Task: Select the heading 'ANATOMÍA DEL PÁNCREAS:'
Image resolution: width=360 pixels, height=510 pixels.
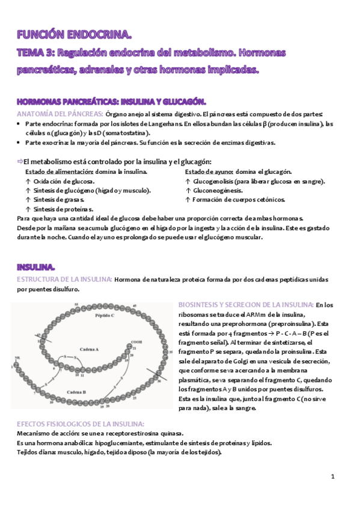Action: [59, 114]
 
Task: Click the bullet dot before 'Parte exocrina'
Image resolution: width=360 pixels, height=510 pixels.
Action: [19, 143]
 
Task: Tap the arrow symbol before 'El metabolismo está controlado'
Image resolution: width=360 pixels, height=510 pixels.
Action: [19, 161]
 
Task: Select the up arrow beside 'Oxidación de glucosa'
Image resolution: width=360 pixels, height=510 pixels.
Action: [28, 181]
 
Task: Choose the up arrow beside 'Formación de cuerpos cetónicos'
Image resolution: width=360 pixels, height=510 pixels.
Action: [188, 200]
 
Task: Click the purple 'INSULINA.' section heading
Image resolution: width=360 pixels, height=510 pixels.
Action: [37, 266]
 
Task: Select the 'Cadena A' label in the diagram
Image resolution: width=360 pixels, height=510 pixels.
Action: [72, 349]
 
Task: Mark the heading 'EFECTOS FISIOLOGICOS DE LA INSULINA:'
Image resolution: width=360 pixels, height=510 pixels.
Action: [80, 423]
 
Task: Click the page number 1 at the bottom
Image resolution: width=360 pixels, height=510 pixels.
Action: [332, 476]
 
